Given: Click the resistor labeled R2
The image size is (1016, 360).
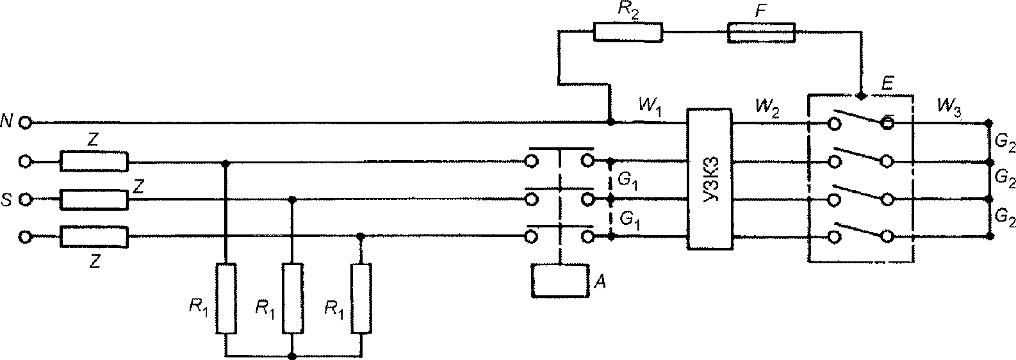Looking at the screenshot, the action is click(x=628, y=32).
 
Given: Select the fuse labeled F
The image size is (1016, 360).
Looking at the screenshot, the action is click(x=761, y=32).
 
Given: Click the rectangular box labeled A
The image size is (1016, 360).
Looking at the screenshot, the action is click(x=561, y=281).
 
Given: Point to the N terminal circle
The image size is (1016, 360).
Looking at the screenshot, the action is click(x=26, y=122).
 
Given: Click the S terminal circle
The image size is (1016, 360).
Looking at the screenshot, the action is click(x=26, y=199).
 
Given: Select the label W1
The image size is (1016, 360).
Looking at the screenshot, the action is click(x=651, y=108).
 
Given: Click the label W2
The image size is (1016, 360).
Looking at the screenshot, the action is click(x=767, y=108).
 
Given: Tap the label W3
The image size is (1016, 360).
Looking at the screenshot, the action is click(x=949, y=108).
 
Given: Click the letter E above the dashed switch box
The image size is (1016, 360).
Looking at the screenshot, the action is click(x=887, y=83).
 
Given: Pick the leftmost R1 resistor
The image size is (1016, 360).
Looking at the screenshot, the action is click(x=226, y=305).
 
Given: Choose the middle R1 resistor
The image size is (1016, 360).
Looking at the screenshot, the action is click(x=293, y=305).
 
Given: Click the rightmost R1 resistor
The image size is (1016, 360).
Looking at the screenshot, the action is click(x=361, y=305).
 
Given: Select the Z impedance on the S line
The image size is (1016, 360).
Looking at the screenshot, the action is click(x=94, y=199).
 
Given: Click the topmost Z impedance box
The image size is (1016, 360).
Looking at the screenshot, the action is click(x=94, y=161).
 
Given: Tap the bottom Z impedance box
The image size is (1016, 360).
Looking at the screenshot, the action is click(x=94, y=237).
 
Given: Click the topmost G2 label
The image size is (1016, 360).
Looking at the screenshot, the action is click(x=1003, y=142).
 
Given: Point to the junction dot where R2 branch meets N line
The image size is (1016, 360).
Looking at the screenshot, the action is click(x=611, y=122).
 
